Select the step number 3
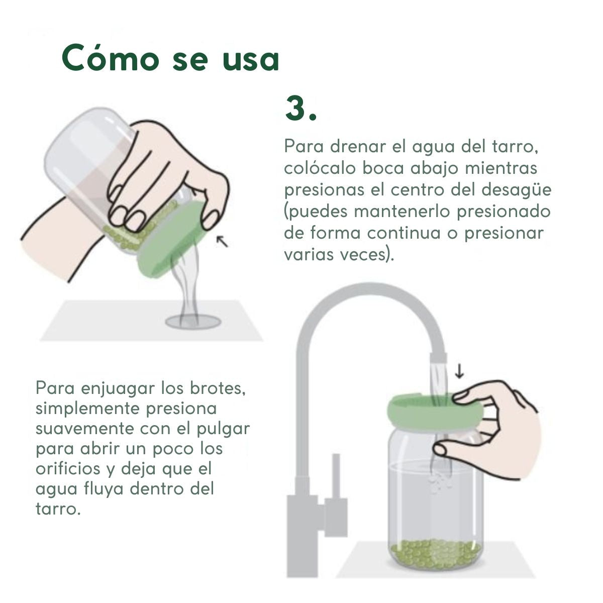[x=300, y=108]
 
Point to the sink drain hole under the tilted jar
[x=193, y=322]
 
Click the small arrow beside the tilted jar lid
[x=223, y=241]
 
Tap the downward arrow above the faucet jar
[x=459, y=371]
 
